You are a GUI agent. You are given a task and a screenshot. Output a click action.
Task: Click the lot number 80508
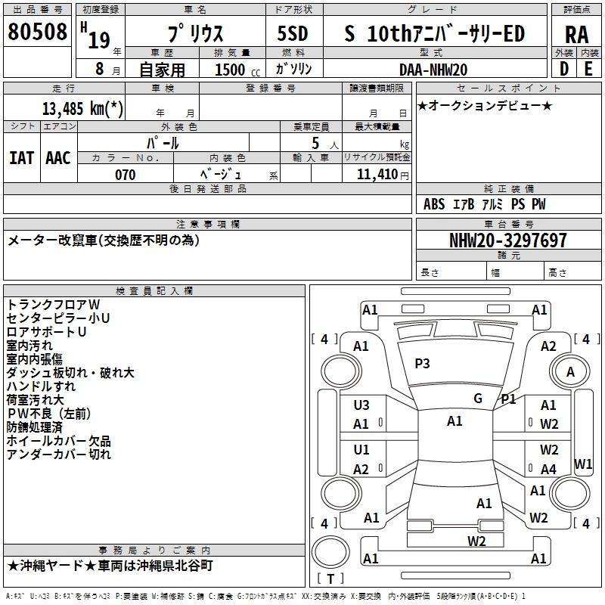coord(37,31)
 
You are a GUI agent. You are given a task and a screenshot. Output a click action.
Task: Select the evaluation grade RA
coord(576,35)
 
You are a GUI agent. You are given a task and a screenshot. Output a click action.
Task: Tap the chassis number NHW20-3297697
coord(508,240)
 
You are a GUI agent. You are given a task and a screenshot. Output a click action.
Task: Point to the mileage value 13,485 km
coord(82,108)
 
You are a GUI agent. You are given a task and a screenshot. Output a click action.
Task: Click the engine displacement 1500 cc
coord(237,70)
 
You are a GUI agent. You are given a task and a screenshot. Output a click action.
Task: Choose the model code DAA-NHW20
coord(433,70)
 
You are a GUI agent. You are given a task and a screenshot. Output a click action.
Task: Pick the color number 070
coord(125,175)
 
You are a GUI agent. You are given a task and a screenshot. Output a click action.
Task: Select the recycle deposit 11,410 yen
coord(383,175)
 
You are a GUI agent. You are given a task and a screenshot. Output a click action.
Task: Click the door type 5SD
coord(293,33)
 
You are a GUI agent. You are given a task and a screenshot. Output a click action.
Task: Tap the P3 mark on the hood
coord(422,363)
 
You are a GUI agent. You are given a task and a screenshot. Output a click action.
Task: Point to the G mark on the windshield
coord(478,398)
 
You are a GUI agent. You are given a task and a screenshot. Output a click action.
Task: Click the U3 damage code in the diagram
coord(361,405)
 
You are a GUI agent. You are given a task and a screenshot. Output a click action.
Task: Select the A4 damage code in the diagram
coord(548,469)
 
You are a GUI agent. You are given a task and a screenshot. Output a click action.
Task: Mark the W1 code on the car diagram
coord(583,464)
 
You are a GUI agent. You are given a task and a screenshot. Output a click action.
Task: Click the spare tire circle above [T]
coord(330,551)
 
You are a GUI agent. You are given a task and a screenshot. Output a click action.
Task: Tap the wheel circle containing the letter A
coord(570,371)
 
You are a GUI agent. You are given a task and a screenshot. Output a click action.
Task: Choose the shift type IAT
coord(22,158)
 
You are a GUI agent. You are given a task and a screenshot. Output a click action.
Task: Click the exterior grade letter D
coord(564,69)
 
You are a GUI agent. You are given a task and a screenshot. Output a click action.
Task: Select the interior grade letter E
coord(588,69)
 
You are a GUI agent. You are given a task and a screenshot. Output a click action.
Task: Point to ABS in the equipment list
coord(434,204)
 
